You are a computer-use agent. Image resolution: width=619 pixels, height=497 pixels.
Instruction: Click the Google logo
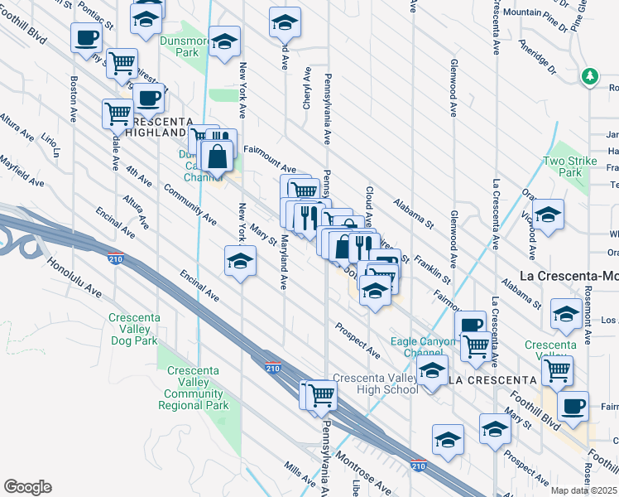pos(27,487)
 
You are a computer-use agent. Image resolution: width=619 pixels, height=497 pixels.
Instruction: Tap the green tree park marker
pos(589,76)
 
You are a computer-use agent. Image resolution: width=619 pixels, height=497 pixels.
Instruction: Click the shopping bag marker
pos(216,155)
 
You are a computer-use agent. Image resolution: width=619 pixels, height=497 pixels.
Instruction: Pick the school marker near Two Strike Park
pos(547,215)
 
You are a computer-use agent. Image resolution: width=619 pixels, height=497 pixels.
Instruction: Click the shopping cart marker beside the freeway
pos(320,395)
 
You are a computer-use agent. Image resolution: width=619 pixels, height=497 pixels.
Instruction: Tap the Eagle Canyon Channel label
pos(423,347)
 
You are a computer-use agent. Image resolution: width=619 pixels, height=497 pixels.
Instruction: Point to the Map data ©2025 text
pos(584,490)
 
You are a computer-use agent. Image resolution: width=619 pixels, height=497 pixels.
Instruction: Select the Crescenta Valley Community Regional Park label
pos(197,388)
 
